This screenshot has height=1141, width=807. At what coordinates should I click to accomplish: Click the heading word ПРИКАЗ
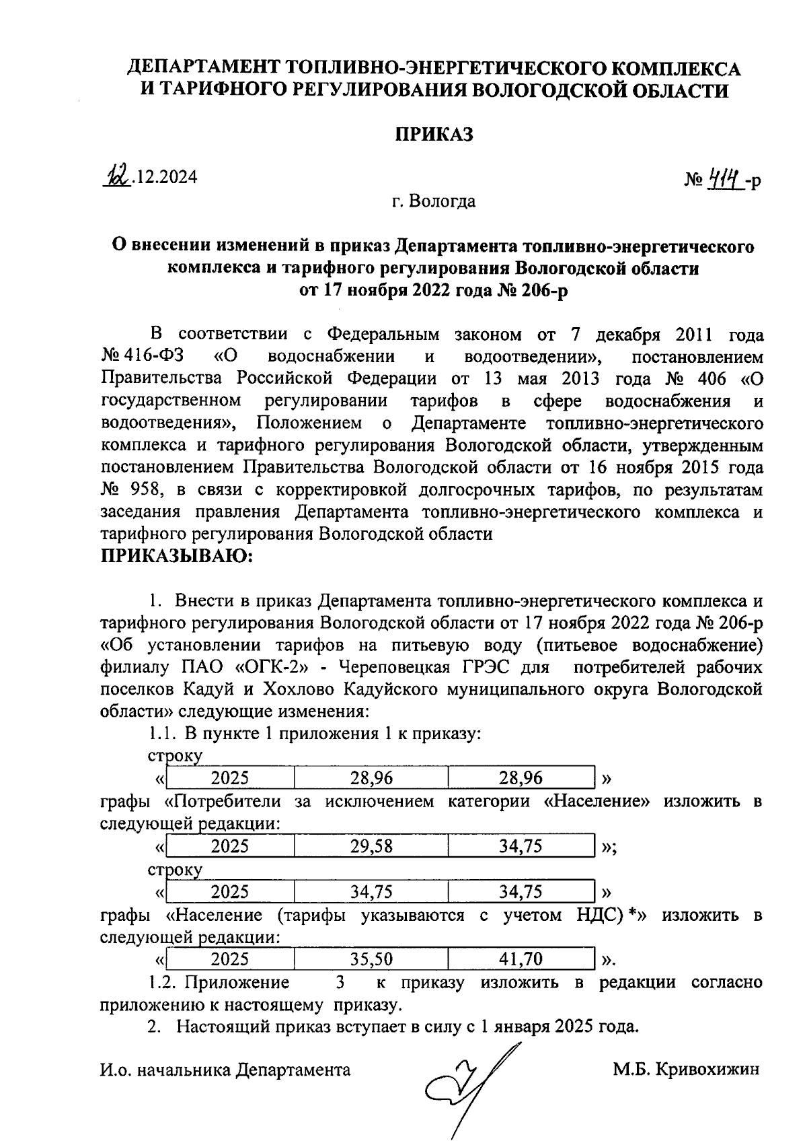pos(433,135)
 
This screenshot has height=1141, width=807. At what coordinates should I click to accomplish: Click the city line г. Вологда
pos(434,201)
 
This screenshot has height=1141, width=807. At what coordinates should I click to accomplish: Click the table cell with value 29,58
pos(371,846)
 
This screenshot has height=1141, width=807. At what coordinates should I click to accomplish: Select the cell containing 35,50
pos(371,959)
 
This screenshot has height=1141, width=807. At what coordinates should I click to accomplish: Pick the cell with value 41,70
pos(521,959)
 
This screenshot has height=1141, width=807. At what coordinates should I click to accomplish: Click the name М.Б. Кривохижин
pos(686,1069)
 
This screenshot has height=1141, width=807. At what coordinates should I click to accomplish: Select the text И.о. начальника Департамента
pos(225,1070)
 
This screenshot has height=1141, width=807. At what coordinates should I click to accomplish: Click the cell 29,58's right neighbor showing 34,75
pos(521,846)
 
